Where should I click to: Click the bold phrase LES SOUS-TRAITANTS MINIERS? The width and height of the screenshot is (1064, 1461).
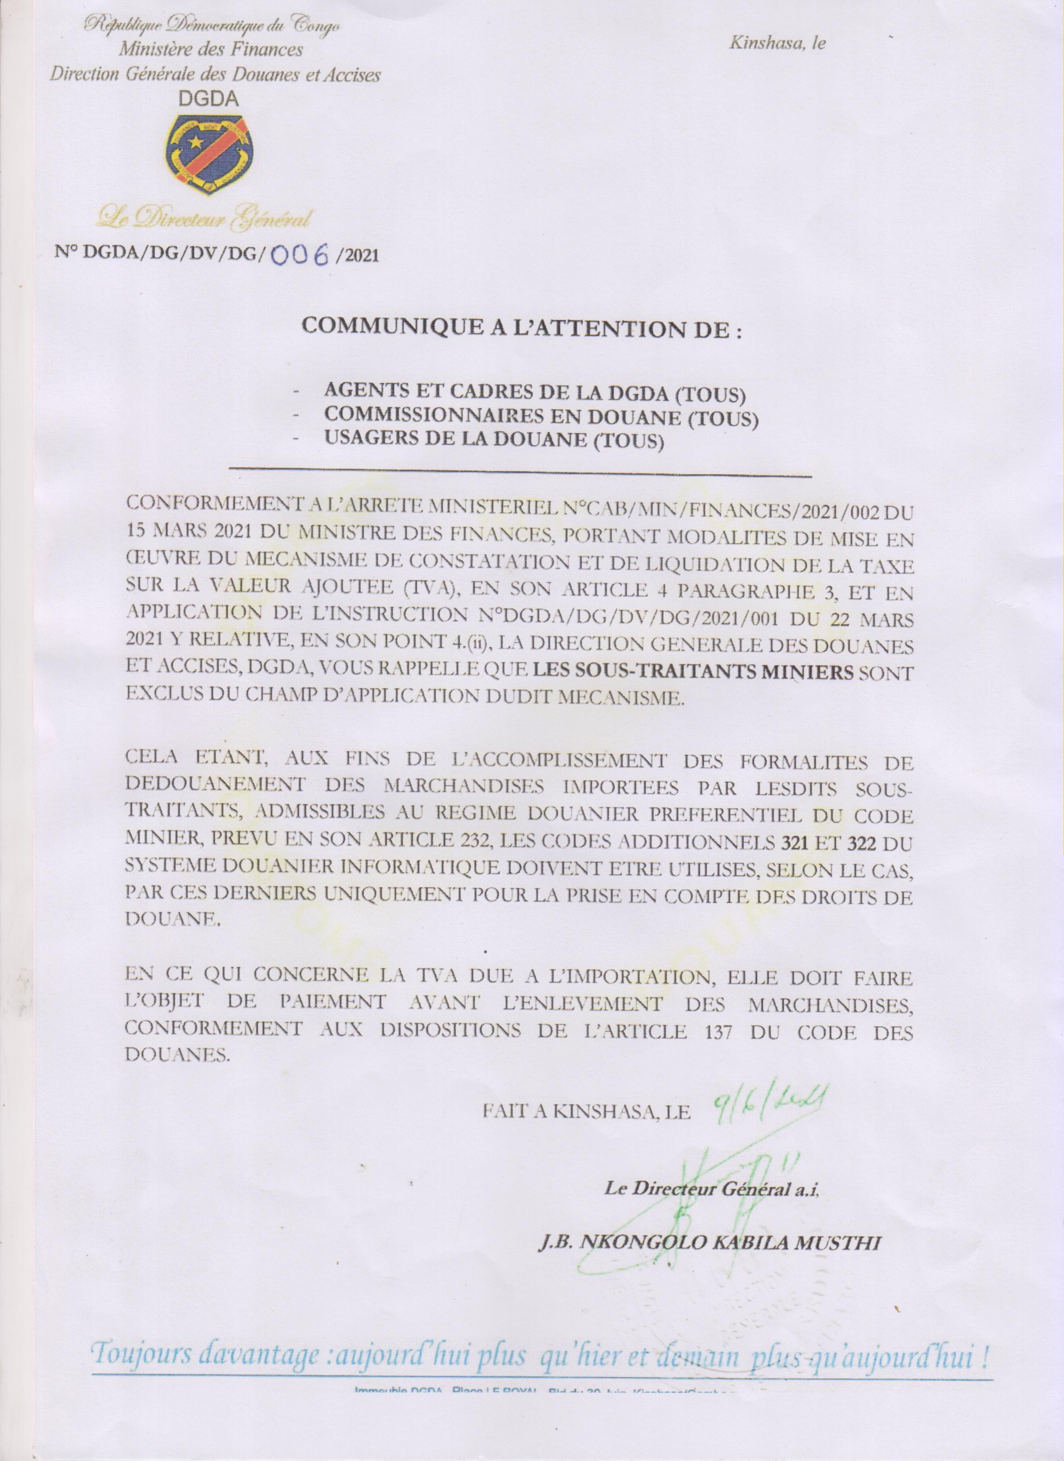694,673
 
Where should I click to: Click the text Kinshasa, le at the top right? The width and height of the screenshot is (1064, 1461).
777,44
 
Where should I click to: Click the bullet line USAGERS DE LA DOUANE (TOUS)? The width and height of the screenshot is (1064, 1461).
493,441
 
